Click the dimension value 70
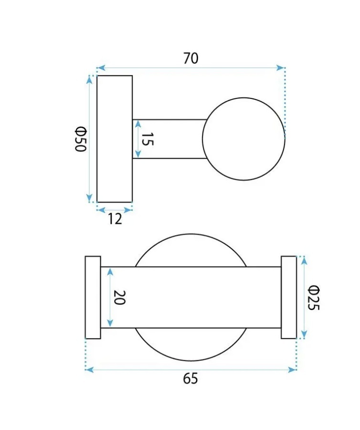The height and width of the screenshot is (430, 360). (x=191, y=58)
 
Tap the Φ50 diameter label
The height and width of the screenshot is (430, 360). (x=81, y=139)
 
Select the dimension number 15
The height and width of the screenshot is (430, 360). (x=148, y=139)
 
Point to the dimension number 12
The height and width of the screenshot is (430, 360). (x=115, y=219)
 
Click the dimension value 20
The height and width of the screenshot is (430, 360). (x=120, y=298)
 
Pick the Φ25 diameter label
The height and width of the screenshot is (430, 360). (x=313, y=298)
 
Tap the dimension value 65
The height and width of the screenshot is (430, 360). (x=191, y=379)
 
